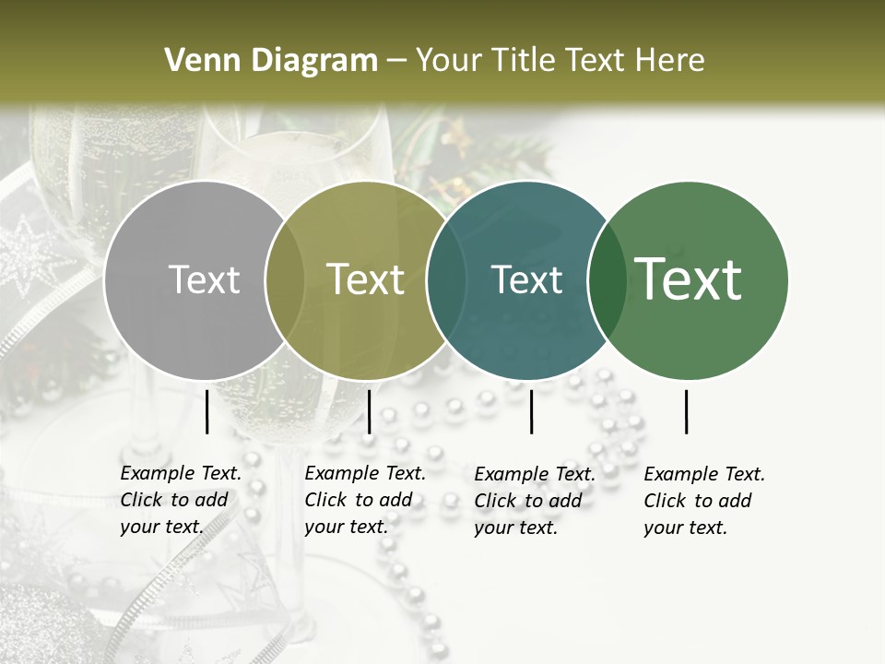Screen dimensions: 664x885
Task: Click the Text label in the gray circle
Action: pos(204,279)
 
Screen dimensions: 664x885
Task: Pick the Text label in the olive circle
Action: pos(365,279)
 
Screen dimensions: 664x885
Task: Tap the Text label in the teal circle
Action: pos(526,279)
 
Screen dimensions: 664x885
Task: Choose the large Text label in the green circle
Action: pos(689,279)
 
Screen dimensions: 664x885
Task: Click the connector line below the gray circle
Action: pos(206,411)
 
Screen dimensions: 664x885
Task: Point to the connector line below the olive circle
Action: pos(369,411)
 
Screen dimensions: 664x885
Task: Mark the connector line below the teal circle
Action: pos(531,411)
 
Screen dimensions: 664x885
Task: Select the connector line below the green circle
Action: pos(686,411)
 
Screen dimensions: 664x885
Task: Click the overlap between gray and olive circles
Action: pos(285,280)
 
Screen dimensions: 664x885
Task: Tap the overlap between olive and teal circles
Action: pos(445,280)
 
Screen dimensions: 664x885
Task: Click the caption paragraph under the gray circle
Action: pos(181,500)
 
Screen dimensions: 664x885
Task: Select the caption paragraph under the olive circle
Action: pos(365,500)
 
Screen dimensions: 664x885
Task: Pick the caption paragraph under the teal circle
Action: pos(535,501)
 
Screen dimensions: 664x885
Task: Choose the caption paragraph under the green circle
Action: pos(704,501)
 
